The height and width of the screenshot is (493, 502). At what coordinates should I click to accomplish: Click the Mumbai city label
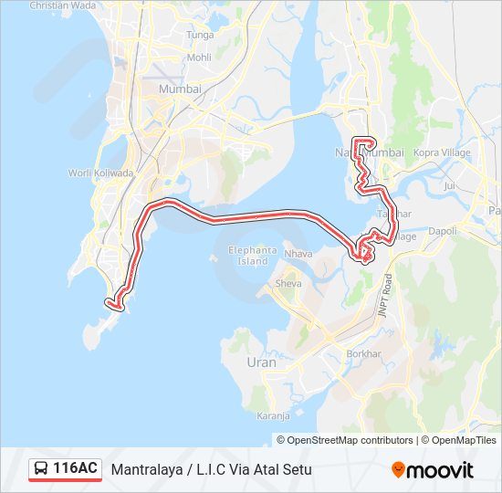tap(179, 89)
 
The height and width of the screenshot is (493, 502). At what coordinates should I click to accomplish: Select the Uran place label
tap(261, 362)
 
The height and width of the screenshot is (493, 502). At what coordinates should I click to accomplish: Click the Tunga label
tap(200, 35)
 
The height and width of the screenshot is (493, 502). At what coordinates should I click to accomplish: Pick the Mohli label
tap(198, 57)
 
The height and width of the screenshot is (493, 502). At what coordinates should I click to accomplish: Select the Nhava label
tap(298, 253)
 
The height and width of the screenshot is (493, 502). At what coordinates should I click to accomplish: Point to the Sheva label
tap(288, 284)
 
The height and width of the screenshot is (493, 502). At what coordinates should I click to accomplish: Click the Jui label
tap(448, 185)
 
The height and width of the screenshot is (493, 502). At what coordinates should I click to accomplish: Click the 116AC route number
tap(76, 469)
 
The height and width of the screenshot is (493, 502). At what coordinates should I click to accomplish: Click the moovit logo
tap(433, 470)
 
